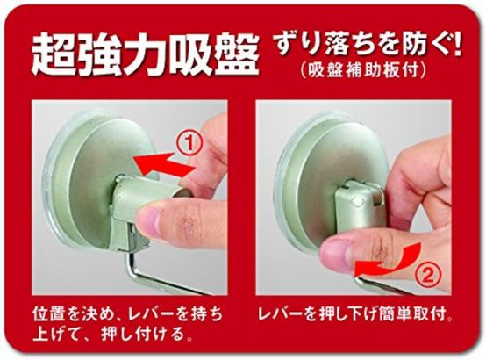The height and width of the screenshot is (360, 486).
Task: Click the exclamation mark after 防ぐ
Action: (455, 40)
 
